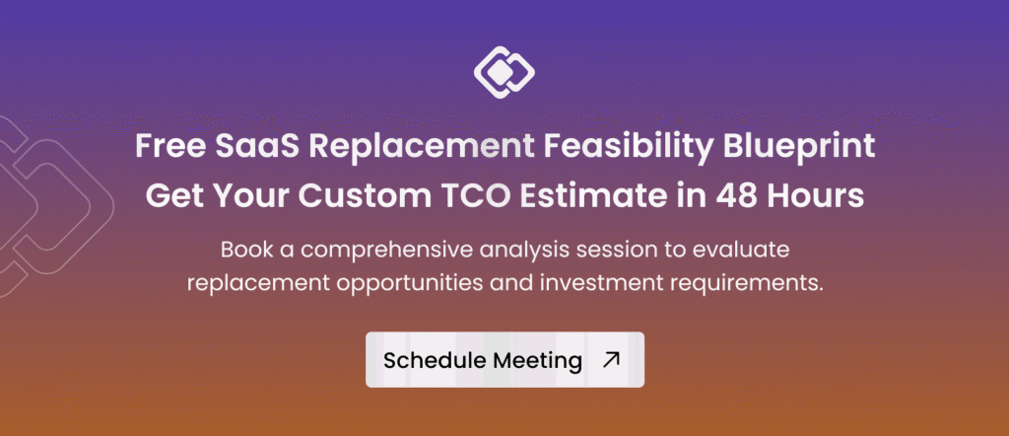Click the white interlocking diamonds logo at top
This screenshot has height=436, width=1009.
(504, 72)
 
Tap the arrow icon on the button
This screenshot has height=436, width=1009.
(611, 359)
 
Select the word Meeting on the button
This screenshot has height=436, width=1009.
(537, 361)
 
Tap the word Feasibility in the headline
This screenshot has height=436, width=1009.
(624, 149)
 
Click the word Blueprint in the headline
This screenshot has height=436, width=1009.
(794, 149)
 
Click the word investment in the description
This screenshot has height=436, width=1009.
(591, 284)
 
